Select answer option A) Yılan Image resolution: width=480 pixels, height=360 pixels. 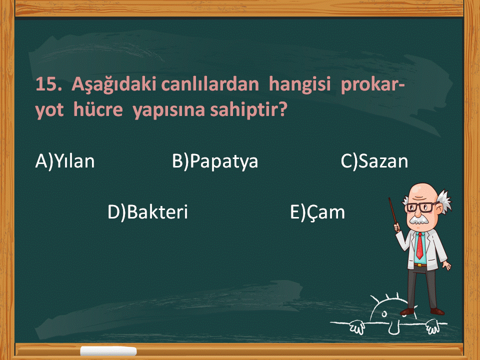pyautogui.click(x=65, y=161)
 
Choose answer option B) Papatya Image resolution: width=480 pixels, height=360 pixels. pyautogui.click(x=215, y=161)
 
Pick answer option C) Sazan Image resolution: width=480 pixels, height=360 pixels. pyautogui.click(x=374, y=161)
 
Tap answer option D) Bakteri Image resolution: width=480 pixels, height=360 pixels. pyautogui.click(x=147, y=212)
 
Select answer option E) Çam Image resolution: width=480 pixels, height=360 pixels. pyautogui.click(x=317, y=212)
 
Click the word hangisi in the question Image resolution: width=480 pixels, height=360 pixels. pyautogui.click(x=299, y=84)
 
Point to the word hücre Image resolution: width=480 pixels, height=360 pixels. pyautogui.click(x=98, y=109)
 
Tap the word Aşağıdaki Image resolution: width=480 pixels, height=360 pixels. pyautogui.click(x=113, y=84)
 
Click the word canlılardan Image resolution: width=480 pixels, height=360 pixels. pyautogui.click(x=210, y=84)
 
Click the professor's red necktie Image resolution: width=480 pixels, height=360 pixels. pyautogui.click(x=420, y=245)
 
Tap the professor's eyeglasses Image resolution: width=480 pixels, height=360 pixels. pyautogui.click(x=422, y=207)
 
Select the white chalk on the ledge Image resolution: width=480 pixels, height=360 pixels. pyautogui.click(x=108, y=351)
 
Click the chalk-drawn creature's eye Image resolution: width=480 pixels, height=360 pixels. pyautogui.click(x=384, y=314)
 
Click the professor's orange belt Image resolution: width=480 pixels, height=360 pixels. pyautogui.click(x=420, y=264)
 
